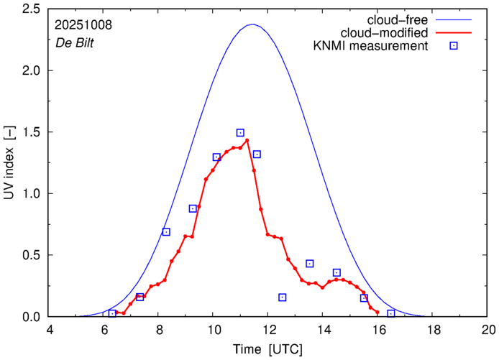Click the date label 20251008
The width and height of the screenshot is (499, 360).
pos(83,25)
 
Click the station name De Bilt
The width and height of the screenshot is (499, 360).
pos(75,42)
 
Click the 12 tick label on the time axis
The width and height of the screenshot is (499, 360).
pos(268,331)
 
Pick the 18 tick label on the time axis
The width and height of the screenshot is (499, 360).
pos(434,331)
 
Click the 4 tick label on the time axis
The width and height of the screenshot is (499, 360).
pos(49,331)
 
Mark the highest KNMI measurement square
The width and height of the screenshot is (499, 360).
pos(240,133)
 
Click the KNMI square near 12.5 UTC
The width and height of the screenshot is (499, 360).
pos(283,297)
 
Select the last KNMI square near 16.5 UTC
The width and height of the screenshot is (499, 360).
pos(391,313)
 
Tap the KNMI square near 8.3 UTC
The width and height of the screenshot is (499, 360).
pos(166,231)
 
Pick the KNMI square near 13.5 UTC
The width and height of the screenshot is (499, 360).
pos(310,264)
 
